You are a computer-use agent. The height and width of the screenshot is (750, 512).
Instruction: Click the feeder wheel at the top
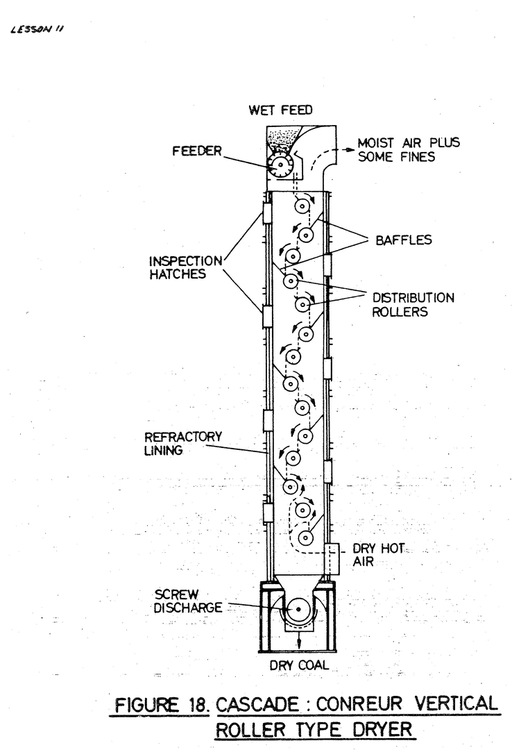(x=282, y=164)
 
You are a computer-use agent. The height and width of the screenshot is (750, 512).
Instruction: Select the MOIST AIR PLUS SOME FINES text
(x=408, y=151)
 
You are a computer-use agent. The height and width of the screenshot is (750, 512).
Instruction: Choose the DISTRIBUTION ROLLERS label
(x=413, y=305)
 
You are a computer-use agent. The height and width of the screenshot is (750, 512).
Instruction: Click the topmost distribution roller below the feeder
(x=302, y=206)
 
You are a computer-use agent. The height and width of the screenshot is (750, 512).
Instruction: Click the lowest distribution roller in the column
(x=303, y=537)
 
